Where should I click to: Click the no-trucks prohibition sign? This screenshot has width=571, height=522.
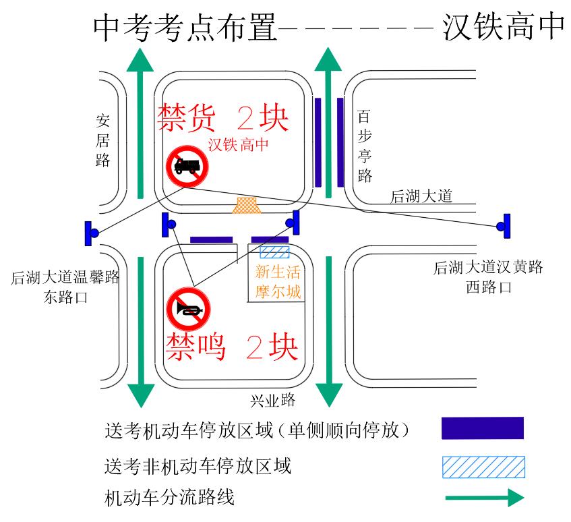click(x=187, y=167)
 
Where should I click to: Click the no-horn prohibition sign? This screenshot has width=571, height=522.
click(x=188, y=309)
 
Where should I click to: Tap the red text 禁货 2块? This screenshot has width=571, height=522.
click(x=223, y=117)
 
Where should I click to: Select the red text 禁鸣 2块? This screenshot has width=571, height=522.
click(x=232, y=347)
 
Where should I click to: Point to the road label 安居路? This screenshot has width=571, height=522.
click(x=102, y=140)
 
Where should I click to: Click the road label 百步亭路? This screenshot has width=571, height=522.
click(x=365, y=146)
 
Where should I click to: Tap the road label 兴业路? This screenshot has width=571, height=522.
click(x=273, y=401)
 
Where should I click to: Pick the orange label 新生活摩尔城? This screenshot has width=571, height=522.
click(x=278, y=282)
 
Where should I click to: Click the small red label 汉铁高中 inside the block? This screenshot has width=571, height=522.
click(x=239, y=144)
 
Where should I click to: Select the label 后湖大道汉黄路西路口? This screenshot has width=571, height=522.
click(x=488, y=277)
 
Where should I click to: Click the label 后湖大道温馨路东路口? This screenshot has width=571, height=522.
click(x=65, y=287)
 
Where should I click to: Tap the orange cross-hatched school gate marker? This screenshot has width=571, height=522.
click(x=247, y=205)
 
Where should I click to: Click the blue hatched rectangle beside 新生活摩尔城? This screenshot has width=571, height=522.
click(x=274, y=252)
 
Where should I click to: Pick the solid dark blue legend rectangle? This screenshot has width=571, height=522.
click(x=483, y=428)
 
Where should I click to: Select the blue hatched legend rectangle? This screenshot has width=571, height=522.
click(x=483, y=467)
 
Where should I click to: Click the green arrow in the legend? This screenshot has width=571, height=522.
click(x=485, y=498)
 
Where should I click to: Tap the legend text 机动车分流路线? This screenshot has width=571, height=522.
click(x=169, y=498)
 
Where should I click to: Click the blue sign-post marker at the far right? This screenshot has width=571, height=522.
click(x=504, y=226)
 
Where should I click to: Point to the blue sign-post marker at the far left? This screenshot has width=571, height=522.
click(x=92, y=233)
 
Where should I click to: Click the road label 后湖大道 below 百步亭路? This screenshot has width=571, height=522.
click(x=421, y=196)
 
